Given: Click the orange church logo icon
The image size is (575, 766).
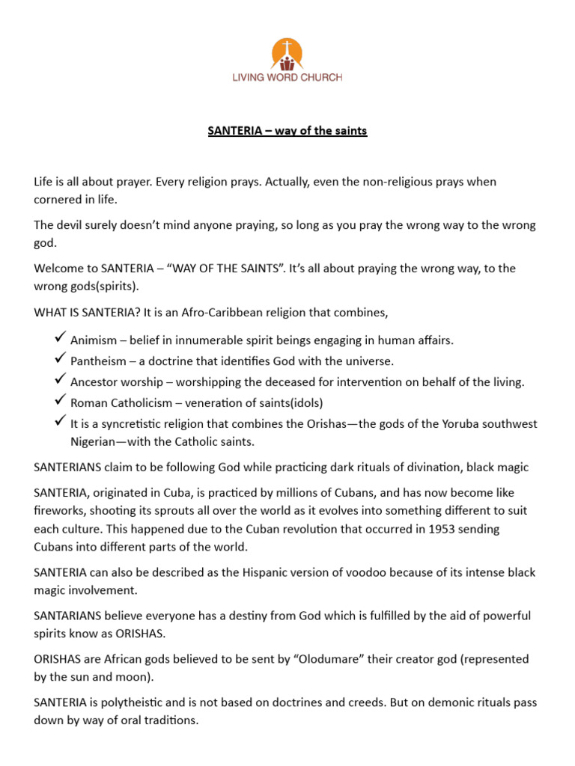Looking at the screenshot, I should point(287,54).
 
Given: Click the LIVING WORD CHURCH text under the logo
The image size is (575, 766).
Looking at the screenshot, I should point(287,77).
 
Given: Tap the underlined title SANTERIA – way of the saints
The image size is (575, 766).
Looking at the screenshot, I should point(287,131).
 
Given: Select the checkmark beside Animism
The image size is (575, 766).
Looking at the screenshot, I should point(61,339).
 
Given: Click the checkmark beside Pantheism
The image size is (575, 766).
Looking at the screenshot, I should point(61,360).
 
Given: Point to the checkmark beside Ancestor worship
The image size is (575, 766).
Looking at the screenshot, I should point(61,381).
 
